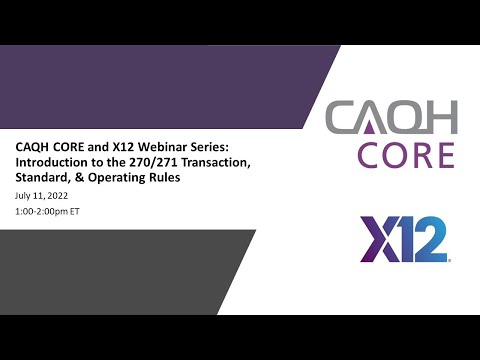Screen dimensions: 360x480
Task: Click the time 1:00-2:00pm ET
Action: [x=50, y=214]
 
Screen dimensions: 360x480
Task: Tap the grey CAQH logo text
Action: [x=391, y=119]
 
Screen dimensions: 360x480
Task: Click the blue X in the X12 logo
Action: [x=378, y=239]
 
